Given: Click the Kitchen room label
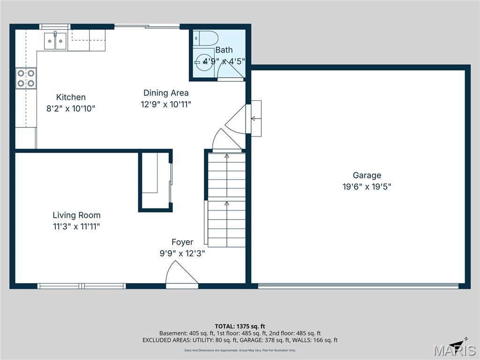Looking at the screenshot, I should (x=71, y=97).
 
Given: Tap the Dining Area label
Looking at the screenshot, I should (x=166, y=93).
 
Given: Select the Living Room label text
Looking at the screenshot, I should (x=76, y=216).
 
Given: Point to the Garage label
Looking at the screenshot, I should (x=367, y=175).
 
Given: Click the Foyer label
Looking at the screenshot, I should (x=182, y=242).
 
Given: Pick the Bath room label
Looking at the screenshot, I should (x=224, y=50).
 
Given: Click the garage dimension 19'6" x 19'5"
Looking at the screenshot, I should (x=367, y=187).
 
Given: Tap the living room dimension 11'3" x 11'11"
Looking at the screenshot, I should (x=76, y=227).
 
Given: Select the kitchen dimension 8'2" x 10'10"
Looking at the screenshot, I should (x=71, y=109).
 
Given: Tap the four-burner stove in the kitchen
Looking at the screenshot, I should (x=26, y=78).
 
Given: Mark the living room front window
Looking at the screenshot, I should (x=82, y=285).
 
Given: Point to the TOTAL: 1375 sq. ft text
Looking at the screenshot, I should (x=240, y=326).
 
